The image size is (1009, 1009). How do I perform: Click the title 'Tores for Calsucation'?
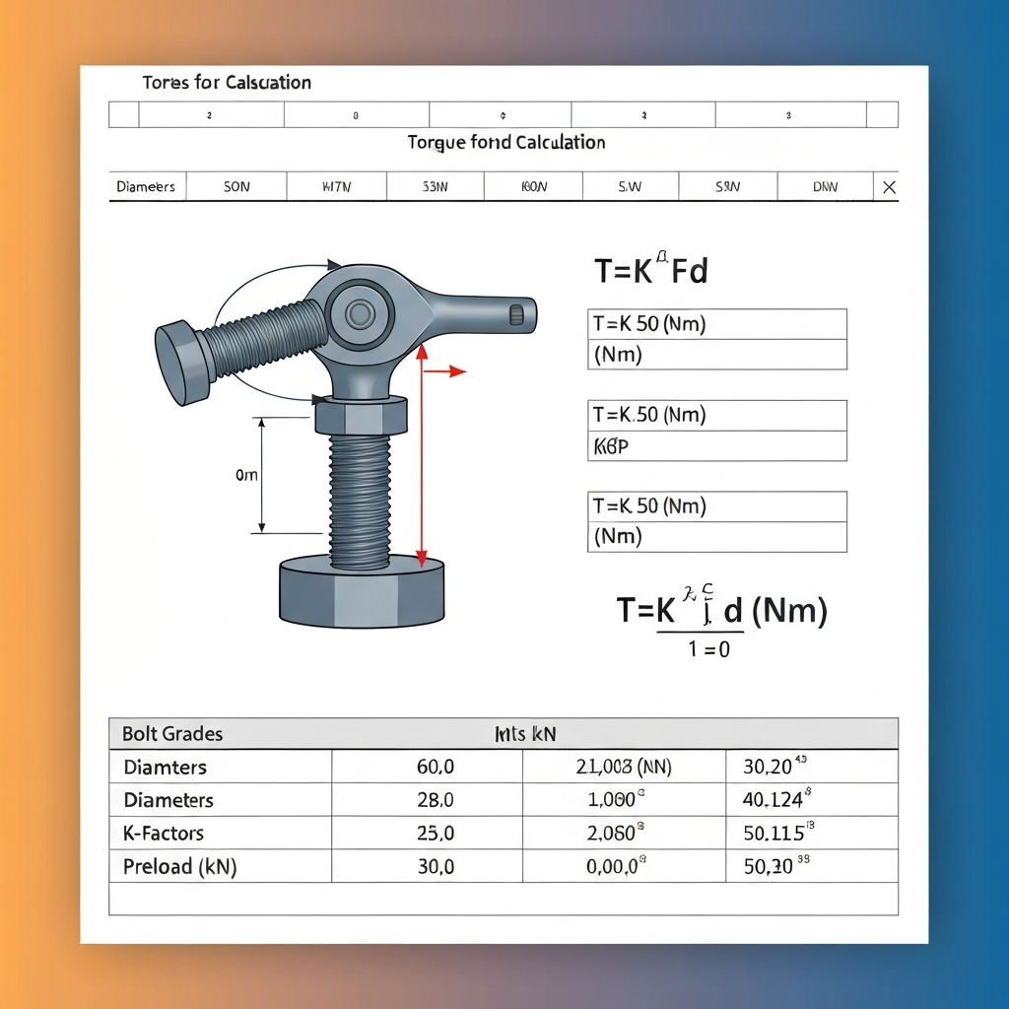227,83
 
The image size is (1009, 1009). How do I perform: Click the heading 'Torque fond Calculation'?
505,143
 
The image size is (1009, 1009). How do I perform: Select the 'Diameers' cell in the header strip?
146,186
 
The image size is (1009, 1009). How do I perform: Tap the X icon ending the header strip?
889,187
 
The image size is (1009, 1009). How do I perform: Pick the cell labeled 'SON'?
236,186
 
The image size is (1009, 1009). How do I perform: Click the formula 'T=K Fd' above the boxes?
650,270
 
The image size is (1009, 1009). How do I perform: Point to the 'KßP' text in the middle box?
611,445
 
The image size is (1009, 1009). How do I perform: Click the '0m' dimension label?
246,475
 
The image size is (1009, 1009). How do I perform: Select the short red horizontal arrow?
443,370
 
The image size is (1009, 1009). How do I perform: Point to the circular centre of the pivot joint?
360,314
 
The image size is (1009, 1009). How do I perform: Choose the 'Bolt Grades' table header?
172,734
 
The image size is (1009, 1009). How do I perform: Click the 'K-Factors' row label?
164,833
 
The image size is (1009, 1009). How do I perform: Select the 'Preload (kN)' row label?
180,867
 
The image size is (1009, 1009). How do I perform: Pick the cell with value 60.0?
435,767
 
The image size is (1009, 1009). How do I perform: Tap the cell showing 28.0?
435,800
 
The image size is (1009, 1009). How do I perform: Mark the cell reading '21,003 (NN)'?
623,767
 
